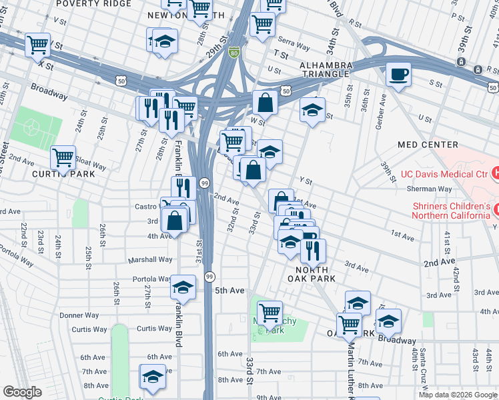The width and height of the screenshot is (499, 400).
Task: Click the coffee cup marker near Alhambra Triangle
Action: click(398, 74)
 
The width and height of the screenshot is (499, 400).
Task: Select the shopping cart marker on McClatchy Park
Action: click(270, 311)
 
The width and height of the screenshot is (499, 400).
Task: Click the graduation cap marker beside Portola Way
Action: click(183, 287)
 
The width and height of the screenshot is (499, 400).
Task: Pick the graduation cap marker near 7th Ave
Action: click(153, 377)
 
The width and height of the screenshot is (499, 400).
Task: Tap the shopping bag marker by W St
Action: click(266, 103)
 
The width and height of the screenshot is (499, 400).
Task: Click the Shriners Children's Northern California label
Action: click(450, 211)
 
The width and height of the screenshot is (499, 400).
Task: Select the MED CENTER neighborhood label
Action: click(428, 145)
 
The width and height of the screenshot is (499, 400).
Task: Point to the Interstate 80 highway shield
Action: click(233, 51)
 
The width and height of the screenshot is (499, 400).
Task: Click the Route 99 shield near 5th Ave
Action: click(209, 276)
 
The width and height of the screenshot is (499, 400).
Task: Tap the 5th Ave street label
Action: click(229, 291)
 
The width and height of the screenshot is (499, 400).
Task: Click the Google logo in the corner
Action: click(22, 392)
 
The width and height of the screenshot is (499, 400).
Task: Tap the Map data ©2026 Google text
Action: click(457, 395)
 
